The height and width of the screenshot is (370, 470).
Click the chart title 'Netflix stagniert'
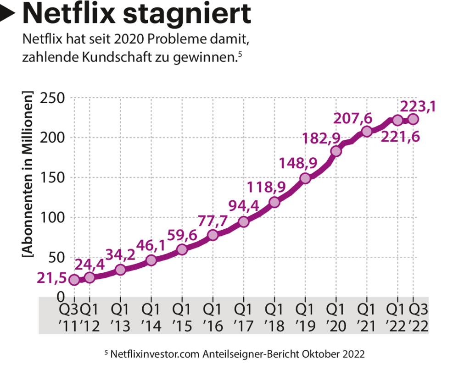pos(136,14)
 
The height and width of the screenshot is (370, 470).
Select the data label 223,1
pos(418,106)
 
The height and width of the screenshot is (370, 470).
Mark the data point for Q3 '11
pos(74,280)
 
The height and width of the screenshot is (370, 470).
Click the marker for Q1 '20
pos(336,151)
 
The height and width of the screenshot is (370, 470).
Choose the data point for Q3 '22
pos(413,119)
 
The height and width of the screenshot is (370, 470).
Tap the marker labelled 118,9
pos(274,202)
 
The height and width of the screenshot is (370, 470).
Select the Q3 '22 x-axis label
pos(419,317)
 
